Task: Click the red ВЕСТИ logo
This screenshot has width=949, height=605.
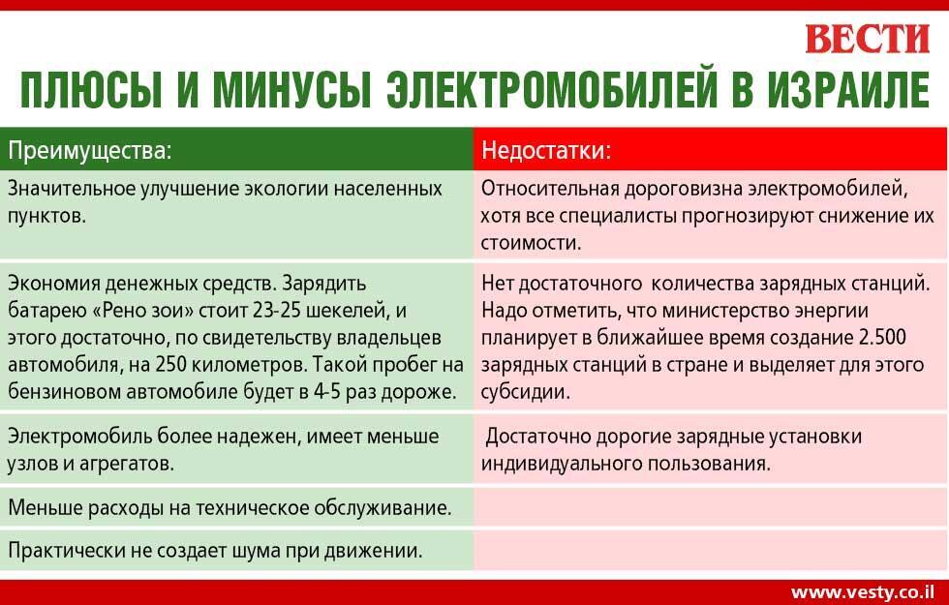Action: click(x=866, y=40)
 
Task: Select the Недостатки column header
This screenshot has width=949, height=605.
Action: click(x=546, y=151)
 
